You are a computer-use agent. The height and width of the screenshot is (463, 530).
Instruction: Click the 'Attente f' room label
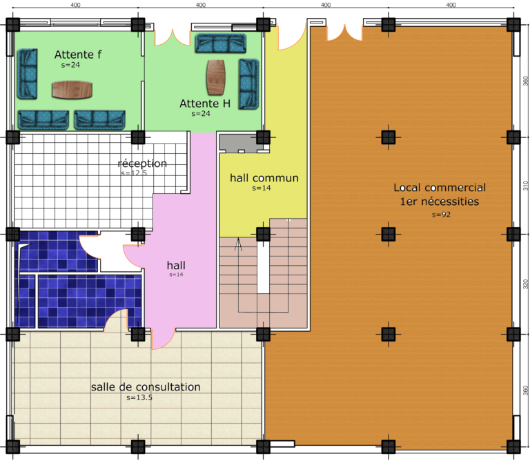[x=78, y=55]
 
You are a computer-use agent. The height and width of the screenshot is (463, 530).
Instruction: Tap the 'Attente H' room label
[x=205, y=104]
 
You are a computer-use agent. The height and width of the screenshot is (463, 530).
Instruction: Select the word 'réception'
[x=142, y=164]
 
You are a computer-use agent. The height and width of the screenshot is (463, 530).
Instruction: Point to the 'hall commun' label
[x=264, y=178]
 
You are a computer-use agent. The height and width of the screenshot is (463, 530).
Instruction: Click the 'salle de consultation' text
[x=146, y=386]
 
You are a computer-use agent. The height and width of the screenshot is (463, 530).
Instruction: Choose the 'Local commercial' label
[x=440, y=188]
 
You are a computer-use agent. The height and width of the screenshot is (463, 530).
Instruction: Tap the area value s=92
[x=441, y=215]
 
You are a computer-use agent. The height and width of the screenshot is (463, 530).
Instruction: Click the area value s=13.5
[x=139, y=397]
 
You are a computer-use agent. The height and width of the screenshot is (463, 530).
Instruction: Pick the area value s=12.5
[x=134, y=173]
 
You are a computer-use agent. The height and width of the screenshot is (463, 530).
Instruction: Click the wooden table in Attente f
[x=72, y=90]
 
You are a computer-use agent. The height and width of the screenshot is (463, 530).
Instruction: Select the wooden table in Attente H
[x=215, y=77]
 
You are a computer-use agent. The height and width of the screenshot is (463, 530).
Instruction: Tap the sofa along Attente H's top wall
[x=220, y=43]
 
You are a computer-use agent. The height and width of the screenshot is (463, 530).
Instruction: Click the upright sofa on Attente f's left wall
[x=27, y=74]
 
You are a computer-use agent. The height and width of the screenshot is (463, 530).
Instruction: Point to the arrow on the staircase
[x=239, y=244]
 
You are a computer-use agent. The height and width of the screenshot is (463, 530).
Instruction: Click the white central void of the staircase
[x=264, y=267]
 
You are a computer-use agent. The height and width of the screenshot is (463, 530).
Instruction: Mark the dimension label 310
[x=526, y=186]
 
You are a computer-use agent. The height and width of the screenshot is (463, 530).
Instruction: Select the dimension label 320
[x=526, y=284]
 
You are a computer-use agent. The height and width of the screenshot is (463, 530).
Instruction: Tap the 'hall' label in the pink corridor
[x=176, y=265]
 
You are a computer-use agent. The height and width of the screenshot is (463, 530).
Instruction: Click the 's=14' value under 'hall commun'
[x=262, y=188]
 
